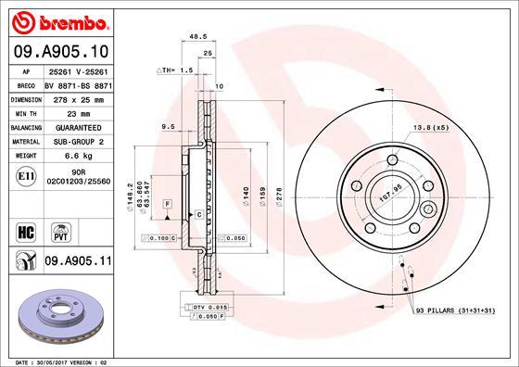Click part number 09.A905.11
click(x=77, y=262)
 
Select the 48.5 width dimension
click(x=196, y=38)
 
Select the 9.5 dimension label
click(x=168, y=125)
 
